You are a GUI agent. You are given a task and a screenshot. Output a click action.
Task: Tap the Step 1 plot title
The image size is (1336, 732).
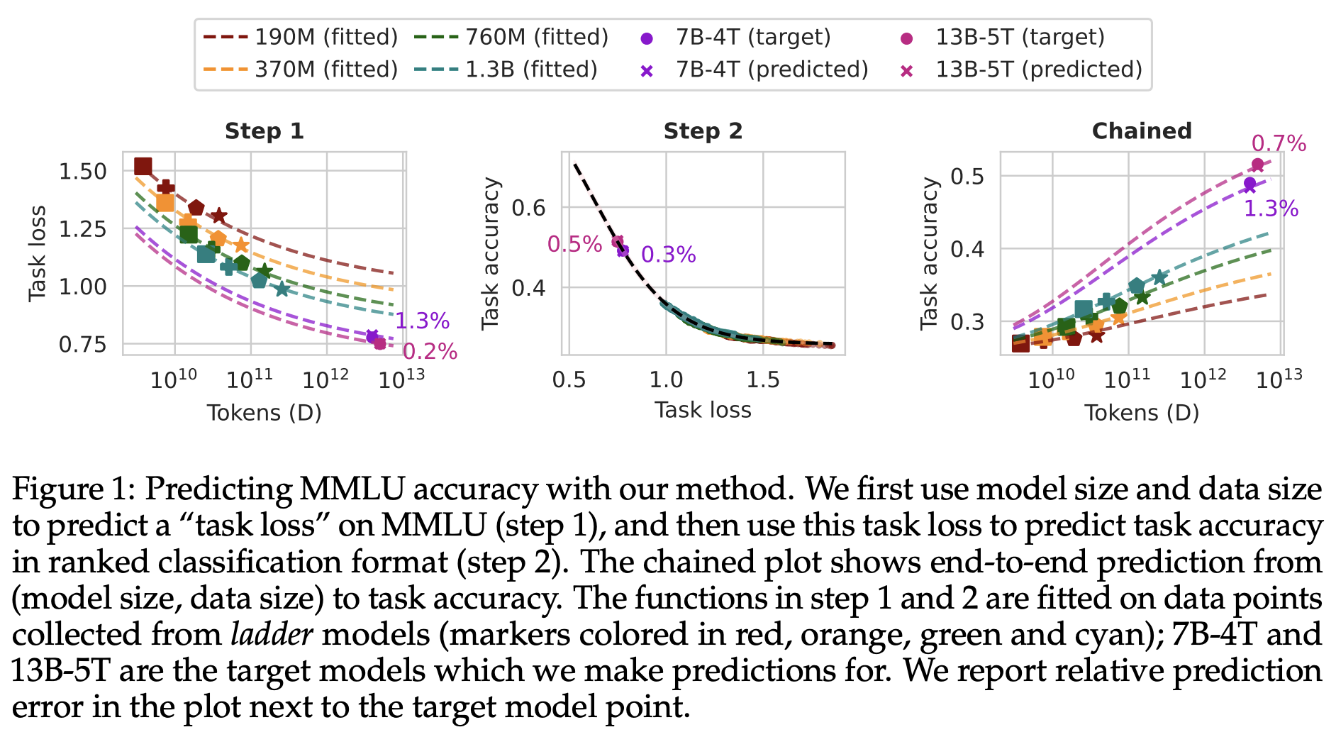click(265, 131)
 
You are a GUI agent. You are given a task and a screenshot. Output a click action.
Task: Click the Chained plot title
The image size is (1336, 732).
click(1141, 131)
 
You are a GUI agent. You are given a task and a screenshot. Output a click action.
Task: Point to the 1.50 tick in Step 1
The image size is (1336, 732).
click(82, 172)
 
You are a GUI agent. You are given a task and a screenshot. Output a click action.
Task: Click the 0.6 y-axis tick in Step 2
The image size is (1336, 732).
click(528, 208)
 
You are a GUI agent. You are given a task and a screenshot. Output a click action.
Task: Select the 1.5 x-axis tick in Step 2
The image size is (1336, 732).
click(763, 380)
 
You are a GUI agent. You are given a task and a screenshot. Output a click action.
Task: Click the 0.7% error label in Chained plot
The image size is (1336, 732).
click(1278, 144)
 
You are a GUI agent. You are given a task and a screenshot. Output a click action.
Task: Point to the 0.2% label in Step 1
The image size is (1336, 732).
click(430, 352)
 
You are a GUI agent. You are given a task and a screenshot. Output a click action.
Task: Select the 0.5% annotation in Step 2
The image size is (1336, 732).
click(574, 245)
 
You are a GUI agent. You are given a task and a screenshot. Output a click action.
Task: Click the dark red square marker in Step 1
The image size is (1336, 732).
click(143, 166)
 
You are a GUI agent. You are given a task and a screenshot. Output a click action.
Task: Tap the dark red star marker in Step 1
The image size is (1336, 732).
click(219, 216)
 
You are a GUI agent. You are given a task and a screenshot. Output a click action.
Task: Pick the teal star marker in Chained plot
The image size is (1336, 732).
click(1159, 277)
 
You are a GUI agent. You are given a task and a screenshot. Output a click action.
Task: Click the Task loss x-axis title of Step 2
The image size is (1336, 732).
click(703, 410)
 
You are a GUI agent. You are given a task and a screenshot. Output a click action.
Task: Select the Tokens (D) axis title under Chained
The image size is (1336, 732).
click(1141, 413)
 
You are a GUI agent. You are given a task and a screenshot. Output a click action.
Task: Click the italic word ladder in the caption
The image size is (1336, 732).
click(272, 634)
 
